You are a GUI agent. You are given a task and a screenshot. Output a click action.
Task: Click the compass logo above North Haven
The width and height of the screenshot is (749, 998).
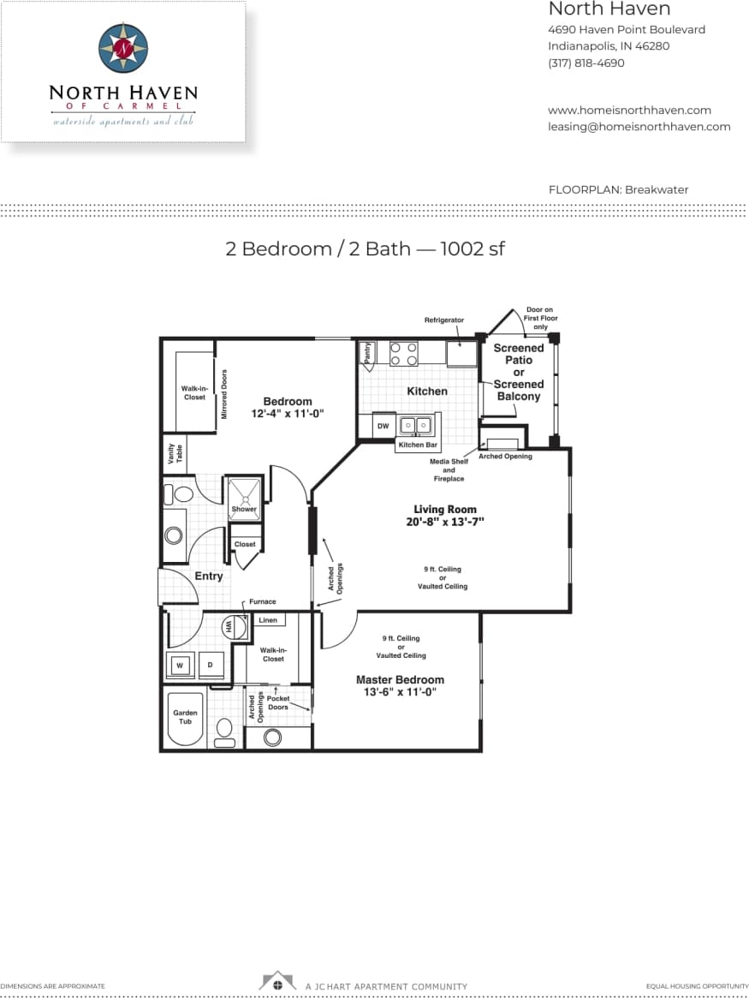123,48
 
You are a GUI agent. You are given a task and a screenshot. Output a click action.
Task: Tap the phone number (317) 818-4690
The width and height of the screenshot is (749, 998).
586,63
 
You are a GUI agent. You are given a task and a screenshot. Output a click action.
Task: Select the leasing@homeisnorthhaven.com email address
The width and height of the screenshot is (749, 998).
639,126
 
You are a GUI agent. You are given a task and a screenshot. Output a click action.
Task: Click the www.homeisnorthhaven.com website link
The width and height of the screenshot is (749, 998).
629,110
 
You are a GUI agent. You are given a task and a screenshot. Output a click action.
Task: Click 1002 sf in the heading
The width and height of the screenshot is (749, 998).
473,248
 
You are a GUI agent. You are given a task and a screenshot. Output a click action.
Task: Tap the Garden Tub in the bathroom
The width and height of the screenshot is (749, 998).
185,717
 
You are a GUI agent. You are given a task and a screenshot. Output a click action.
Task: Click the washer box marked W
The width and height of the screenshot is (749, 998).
181,665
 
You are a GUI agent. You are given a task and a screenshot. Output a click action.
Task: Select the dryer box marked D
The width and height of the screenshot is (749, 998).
210,665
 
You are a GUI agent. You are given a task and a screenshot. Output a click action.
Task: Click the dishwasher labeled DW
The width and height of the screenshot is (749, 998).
383,426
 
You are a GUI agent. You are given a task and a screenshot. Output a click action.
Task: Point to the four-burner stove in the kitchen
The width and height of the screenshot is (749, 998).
403,354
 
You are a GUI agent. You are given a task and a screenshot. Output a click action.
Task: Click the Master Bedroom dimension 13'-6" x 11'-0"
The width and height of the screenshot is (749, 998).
400,692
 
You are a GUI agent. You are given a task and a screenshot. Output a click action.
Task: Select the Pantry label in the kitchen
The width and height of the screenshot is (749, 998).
367,355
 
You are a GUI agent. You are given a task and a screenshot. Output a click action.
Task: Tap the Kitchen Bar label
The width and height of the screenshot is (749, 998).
418,445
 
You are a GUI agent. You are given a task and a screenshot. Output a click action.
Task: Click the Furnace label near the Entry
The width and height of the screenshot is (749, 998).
263,602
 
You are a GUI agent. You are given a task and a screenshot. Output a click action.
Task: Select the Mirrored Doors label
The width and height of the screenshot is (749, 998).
224,394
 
